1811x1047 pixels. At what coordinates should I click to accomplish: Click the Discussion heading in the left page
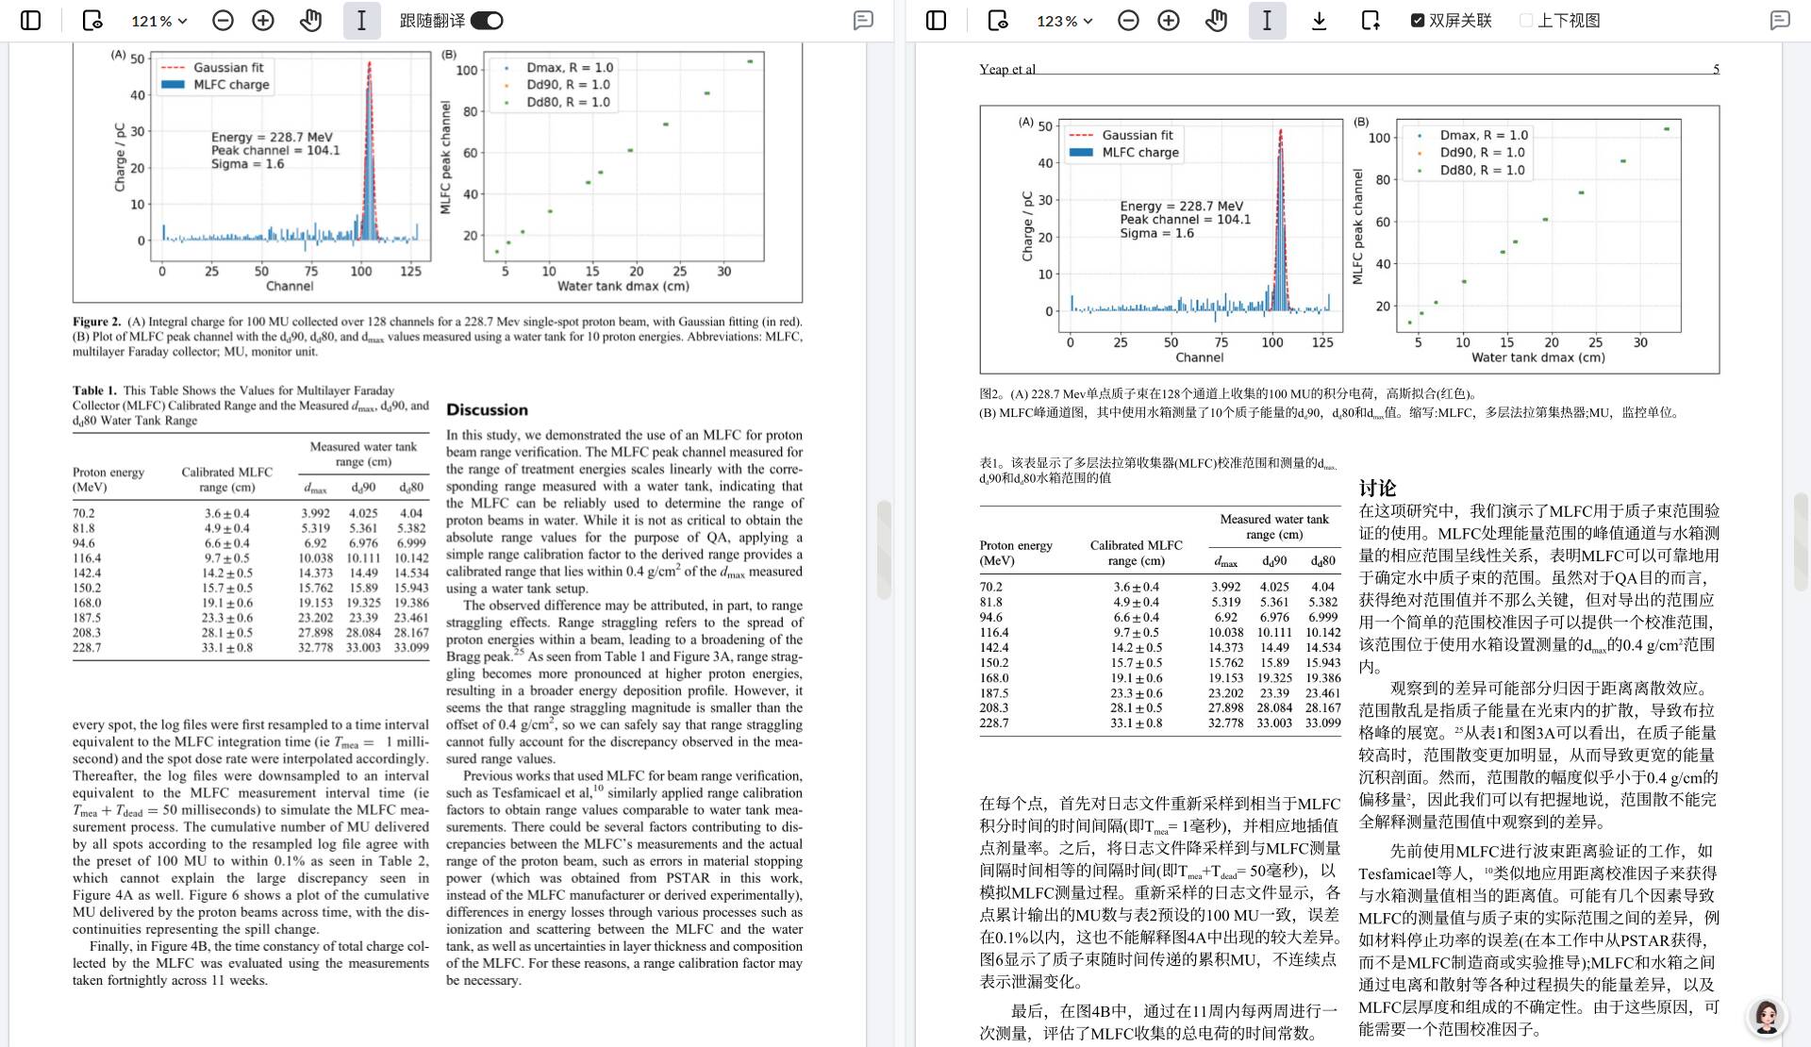click(487, 410)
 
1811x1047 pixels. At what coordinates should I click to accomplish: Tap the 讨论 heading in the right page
click(1377, 488)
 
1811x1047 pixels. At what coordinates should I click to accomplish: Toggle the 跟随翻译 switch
click(487, 21)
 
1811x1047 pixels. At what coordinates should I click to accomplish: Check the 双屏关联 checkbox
click(1418, 21)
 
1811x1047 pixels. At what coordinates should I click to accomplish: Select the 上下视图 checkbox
click(1526, 21)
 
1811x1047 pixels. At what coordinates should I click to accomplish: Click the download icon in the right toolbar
click(1319, 21)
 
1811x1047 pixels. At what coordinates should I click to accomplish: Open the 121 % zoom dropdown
click(158, 21)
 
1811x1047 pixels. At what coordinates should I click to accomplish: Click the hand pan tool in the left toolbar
click(310, 21)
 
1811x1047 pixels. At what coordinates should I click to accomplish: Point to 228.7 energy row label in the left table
click(87, 648)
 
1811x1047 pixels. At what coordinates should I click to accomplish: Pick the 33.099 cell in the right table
click(1322, 723)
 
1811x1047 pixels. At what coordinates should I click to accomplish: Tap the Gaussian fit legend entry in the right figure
click(1138, 135)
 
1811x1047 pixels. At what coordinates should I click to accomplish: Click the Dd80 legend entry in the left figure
click(568, 102)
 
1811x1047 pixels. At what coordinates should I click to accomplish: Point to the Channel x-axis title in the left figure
click(290, 286)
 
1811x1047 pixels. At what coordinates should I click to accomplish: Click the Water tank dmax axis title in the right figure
click(1537, 357)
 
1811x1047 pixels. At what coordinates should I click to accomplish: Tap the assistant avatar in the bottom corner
click(1766, 1017)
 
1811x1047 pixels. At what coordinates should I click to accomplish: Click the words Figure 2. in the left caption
click(97, 322)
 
